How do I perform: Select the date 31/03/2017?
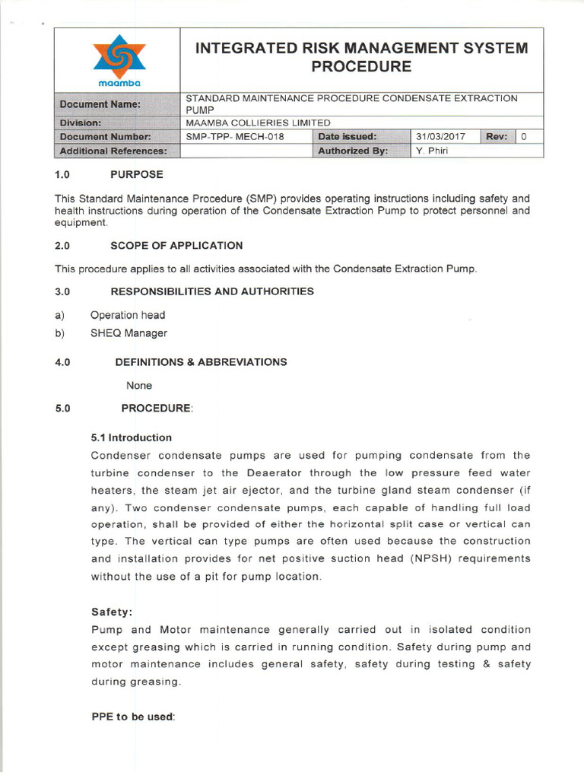(441, 137)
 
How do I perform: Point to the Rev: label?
(497, 137)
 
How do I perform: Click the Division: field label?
(85, 122)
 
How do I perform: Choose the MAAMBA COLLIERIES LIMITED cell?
(258, 122)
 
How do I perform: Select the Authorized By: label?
(353, 151)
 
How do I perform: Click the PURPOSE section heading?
(136, 175)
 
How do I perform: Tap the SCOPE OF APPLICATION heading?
(176, 246)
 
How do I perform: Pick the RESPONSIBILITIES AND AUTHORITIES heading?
(211, 291)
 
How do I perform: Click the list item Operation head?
(127, 315)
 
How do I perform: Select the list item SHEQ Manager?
(129, 332)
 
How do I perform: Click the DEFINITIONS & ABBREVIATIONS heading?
(201, 362)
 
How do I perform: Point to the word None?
(139, 386)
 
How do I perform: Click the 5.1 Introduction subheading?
(131, 437)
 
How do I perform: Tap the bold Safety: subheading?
(112, 611)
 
